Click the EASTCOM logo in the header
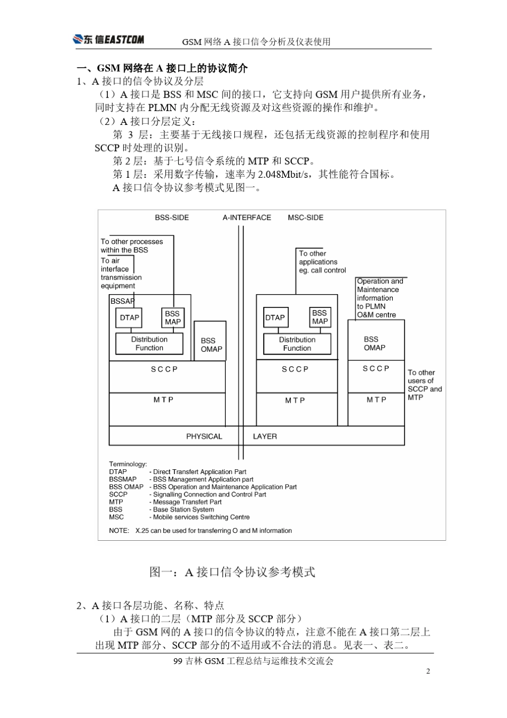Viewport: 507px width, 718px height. pos(108,39)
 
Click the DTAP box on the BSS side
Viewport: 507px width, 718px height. pos(129,318)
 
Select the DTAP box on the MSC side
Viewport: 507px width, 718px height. pos(275,318)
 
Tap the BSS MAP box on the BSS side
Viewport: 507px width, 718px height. pos(172,318)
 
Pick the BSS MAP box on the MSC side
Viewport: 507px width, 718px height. pos(320,317)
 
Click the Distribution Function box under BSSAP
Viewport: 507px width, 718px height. pos(149,344)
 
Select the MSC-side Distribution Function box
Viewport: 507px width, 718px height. pos(297,344)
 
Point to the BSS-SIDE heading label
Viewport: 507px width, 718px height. pos(172,218)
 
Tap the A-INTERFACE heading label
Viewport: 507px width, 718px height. pos(247,218)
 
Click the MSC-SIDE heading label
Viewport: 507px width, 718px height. pos(305,218)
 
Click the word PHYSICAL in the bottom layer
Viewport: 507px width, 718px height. pos(204,437)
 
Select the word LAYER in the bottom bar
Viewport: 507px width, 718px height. pos(265,437)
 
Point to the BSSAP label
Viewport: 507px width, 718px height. pos(122,301)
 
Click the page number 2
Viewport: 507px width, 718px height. pos(427,672)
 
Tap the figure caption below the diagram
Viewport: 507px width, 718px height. pos(232,572)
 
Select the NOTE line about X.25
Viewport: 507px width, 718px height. pos(200,531)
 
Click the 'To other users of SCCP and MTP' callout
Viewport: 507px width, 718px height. pos(424,385)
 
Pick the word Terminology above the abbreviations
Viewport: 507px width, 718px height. pos(128,464)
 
